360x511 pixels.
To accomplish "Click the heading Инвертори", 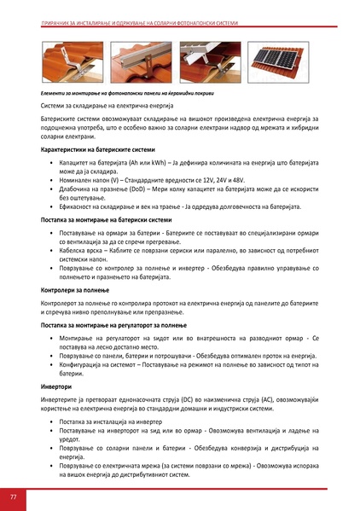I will coord(56,386).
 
